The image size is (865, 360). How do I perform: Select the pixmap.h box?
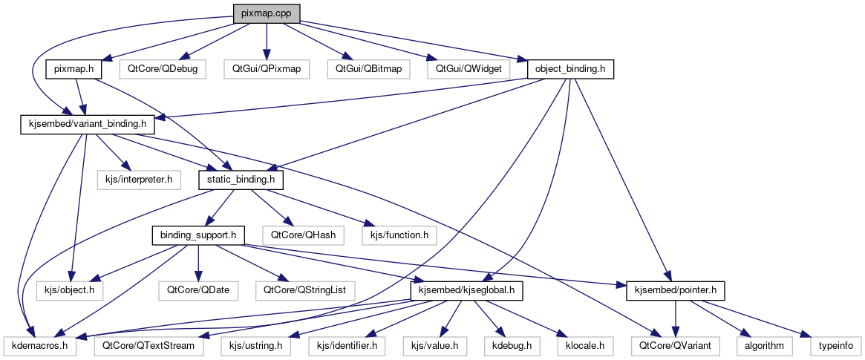(x=74, y=69)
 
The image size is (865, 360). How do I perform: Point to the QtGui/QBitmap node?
(x=368, y=69)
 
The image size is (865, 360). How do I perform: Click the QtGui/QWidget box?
(x=469, y=69)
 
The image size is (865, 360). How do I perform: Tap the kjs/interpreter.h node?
(x=139, y=180)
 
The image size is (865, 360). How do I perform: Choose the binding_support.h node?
(x=198, y=235)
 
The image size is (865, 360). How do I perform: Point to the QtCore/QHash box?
(x=302, y=235)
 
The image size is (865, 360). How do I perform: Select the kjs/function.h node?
(x=398, y=235)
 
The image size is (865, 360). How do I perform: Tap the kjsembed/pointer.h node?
(x=675, y=290)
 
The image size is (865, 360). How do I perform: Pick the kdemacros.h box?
(x=39, y=345)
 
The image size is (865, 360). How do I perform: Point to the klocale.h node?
(x=581, y=345)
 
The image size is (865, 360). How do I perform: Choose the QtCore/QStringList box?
(x=304, y=290)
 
